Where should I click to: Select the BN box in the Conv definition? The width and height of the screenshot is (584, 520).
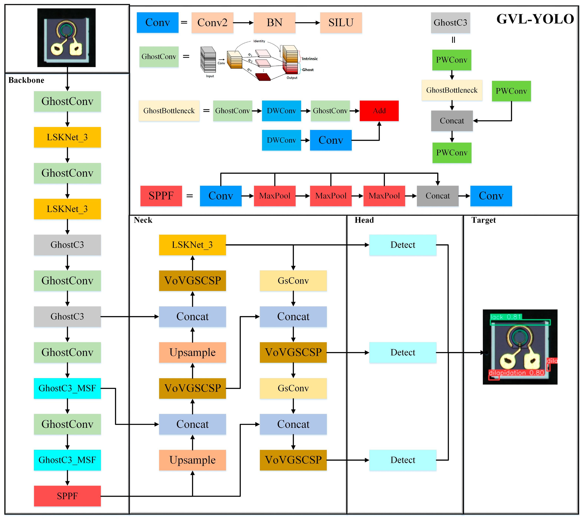pyautogui.click(x=274, y=23)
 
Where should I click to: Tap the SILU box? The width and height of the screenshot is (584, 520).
pyautogui.click(x=341, y=23)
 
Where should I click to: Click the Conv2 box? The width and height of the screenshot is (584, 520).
pyautogui.click(x=212, y=23)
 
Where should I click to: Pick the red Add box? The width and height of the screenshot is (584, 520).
pyautogui.click(x=379, y=111)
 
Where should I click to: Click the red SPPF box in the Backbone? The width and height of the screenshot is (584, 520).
pyautogui.click(x=67, y=496)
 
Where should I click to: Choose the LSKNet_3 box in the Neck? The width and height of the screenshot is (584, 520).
pyautogui.click(x=192, y=245)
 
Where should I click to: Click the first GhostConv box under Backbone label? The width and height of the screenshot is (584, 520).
pyautogui.click(x=67, y=101)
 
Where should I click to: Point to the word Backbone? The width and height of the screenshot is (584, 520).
pyautogui.click(x=26, y=80)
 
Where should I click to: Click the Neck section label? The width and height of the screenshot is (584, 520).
pyautogui.click(x=143, y=220)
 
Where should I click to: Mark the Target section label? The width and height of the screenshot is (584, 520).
pyautogui.click(x=483, y=220)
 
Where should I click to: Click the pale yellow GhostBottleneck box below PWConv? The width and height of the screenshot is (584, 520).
pyautogui.click(x=452, y=90)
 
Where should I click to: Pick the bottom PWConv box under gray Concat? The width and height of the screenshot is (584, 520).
pyautogui.click(x=452, y=153)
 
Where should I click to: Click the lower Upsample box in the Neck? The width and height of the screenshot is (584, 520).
pyautogui.click(x=192, y=460)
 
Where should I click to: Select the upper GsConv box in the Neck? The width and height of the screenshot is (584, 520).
pyautogui.click(x=293, y=281)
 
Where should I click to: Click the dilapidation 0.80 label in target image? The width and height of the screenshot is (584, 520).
pyautogui.click(x=516, y=373)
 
